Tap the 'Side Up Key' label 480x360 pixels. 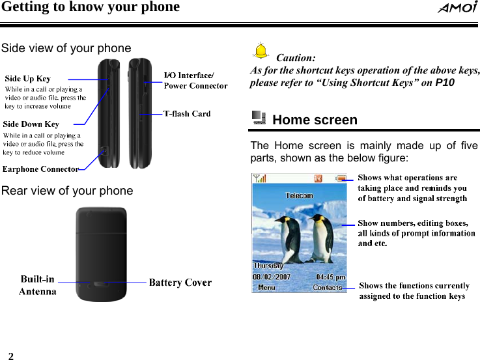(27, 79)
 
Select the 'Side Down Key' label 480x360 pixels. (31, 124)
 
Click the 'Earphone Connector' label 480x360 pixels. (41, 169)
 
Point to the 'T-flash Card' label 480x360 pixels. (187, 114)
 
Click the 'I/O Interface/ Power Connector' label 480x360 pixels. (195, 80)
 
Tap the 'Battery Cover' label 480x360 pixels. (180, 283)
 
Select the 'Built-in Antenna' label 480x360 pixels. (37, 286)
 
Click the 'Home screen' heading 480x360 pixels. (315, 120)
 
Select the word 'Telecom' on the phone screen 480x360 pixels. (300, 195)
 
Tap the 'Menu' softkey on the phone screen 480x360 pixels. (266, 287)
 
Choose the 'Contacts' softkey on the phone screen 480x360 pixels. (328, 287)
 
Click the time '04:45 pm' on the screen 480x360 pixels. (331, 277)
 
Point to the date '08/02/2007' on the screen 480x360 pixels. (274, 277)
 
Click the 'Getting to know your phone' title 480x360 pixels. (90, 7)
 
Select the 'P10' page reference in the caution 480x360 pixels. (445, 83)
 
